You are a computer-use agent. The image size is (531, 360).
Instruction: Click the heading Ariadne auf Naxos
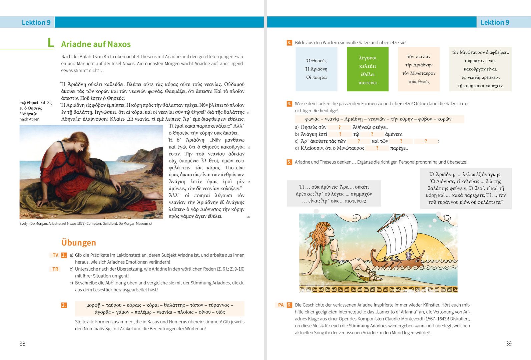pyautogui.click(x=96, y=44)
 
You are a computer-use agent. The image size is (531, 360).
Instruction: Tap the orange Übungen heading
pyautogui.click(x=78, y=243)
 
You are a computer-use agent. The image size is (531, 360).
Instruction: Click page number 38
pyautogui.click(x=22, y=344)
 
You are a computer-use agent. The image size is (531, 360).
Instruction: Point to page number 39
pyautogui.click(x=508, y=344)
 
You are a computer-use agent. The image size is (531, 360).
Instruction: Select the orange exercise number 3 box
pyautogui.click(x=289, y=43)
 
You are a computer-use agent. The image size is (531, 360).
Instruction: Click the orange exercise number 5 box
pyautogui.click(x=289, y=162)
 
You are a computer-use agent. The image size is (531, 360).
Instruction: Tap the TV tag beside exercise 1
pyautogui.click(x=55, y=255)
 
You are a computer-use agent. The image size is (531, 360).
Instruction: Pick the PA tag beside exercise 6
pyautogui.click(x=281, y=305)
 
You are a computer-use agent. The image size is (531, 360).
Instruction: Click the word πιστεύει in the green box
pyautogui.click(x=368, y=83)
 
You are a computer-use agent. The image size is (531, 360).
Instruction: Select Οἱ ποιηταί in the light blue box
pyautogui.click(x=316, y=77)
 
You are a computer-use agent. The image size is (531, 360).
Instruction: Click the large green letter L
pyautogui.click(x=51, y=43)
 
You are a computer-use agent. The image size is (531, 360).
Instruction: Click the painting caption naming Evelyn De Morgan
pyautogui.click(x=85, y=224)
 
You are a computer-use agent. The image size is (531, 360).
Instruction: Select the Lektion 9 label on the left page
pyautogui.click(x=36, y=22)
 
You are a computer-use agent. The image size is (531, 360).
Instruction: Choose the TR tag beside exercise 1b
pyautogui.click(x=55, y=269)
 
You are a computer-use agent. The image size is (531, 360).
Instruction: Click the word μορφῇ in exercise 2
pyautogui.click(x=93, y=305)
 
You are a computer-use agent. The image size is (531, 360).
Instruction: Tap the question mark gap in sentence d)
pyautogui.click(x=377, y=148)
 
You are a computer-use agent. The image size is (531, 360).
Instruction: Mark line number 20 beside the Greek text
pyautogui.click(x=249, y=217)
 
